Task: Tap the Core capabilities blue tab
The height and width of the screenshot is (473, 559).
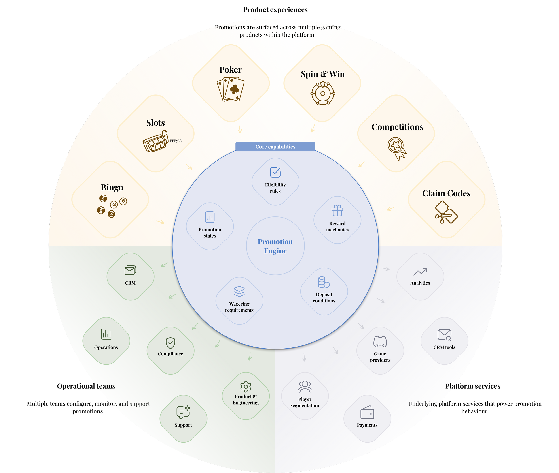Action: pyautogui.click(x=275, y=146)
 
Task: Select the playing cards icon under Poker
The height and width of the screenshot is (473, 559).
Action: pyautogui.click(x=231, y=89)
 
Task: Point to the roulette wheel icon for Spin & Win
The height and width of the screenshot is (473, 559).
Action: pyautogui.click(x=323, y=93)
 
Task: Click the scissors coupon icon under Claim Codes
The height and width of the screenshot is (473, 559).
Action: pyautogui.click(x=446, y=213)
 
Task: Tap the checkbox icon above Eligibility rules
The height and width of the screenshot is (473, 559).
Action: pyautogui.click(x=275, y=172)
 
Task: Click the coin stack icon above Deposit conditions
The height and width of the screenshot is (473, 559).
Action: pyautogui.click(x=324, y=282)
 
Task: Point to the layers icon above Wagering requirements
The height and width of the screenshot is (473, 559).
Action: pyautogui.click(x=239, y=291)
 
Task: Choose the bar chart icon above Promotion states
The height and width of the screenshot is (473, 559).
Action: pyautogui.click(x=210, y=217)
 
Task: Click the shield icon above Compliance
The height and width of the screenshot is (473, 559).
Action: pyautogui.click(x=170, y=343)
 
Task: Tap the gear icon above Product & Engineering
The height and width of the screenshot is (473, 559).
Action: pyautogui.click(x=246, y=386)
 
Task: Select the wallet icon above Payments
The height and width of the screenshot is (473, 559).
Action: pyautogui.click(x=367, y=412)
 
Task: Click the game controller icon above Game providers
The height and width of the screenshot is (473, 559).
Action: pyautogui.click(x=380, y=341)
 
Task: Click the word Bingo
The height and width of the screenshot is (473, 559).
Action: pyautogui.click(x=112, y=187)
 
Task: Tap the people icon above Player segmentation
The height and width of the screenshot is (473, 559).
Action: pyautogui.click(x=305, y=387)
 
